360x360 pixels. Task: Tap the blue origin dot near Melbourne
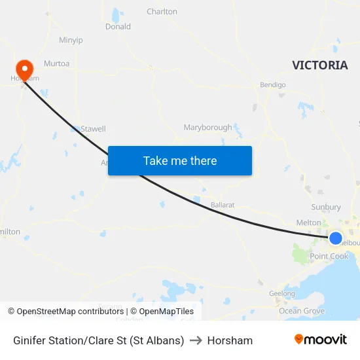coord(335,238)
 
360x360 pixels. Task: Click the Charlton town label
coord(162,12)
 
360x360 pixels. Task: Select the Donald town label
coord(118,27)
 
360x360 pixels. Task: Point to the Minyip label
coord(71,40)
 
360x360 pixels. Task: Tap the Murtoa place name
coord(56,63)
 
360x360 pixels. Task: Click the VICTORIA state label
coord(320,65)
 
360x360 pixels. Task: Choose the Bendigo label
coord(273,85)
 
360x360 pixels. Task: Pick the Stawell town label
coord(93,129)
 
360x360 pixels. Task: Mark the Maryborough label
coord(207,127)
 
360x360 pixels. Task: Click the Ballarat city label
coord(223,205)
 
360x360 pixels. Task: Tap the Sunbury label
coord(326,207)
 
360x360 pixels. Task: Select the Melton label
coord(309,223)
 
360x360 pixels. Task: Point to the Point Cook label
coord(329,257)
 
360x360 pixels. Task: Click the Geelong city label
coord(283,294)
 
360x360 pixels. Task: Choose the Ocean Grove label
coord(302,311)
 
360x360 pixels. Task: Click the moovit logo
coord(321,340)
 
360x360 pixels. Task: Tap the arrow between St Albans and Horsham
coord(196,340)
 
